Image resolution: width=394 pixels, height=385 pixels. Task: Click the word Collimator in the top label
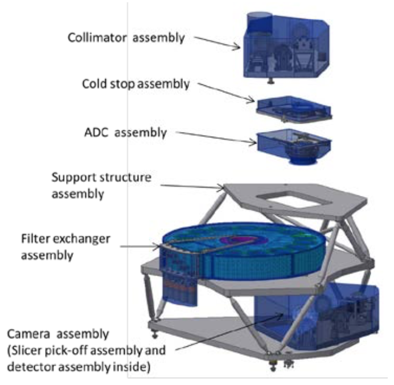(97, 38)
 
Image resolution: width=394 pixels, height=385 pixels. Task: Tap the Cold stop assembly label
(136, 84)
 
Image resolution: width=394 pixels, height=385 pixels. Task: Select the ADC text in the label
(96, 133)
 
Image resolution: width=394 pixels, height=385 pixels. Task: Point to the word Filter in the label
(35, 239)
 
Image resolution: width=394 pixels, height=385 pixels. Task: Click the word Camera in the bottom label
(29, 334)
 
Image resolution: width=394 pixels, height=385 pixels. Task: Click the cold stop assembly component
(293, 109)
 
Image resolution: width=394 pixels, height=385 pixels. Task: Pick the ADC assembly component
(294, 145)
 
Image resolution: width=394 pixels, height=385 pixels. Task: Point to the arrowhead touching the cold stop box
(252, 100)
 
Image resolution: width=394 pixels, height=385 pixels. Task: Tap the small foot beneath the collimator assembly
(270, 81)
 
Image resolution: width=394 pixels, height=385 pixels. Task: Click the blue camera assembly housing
(317, 317)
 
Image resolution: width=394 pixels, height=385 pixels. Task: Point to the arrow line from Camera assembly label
(229, 331)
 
